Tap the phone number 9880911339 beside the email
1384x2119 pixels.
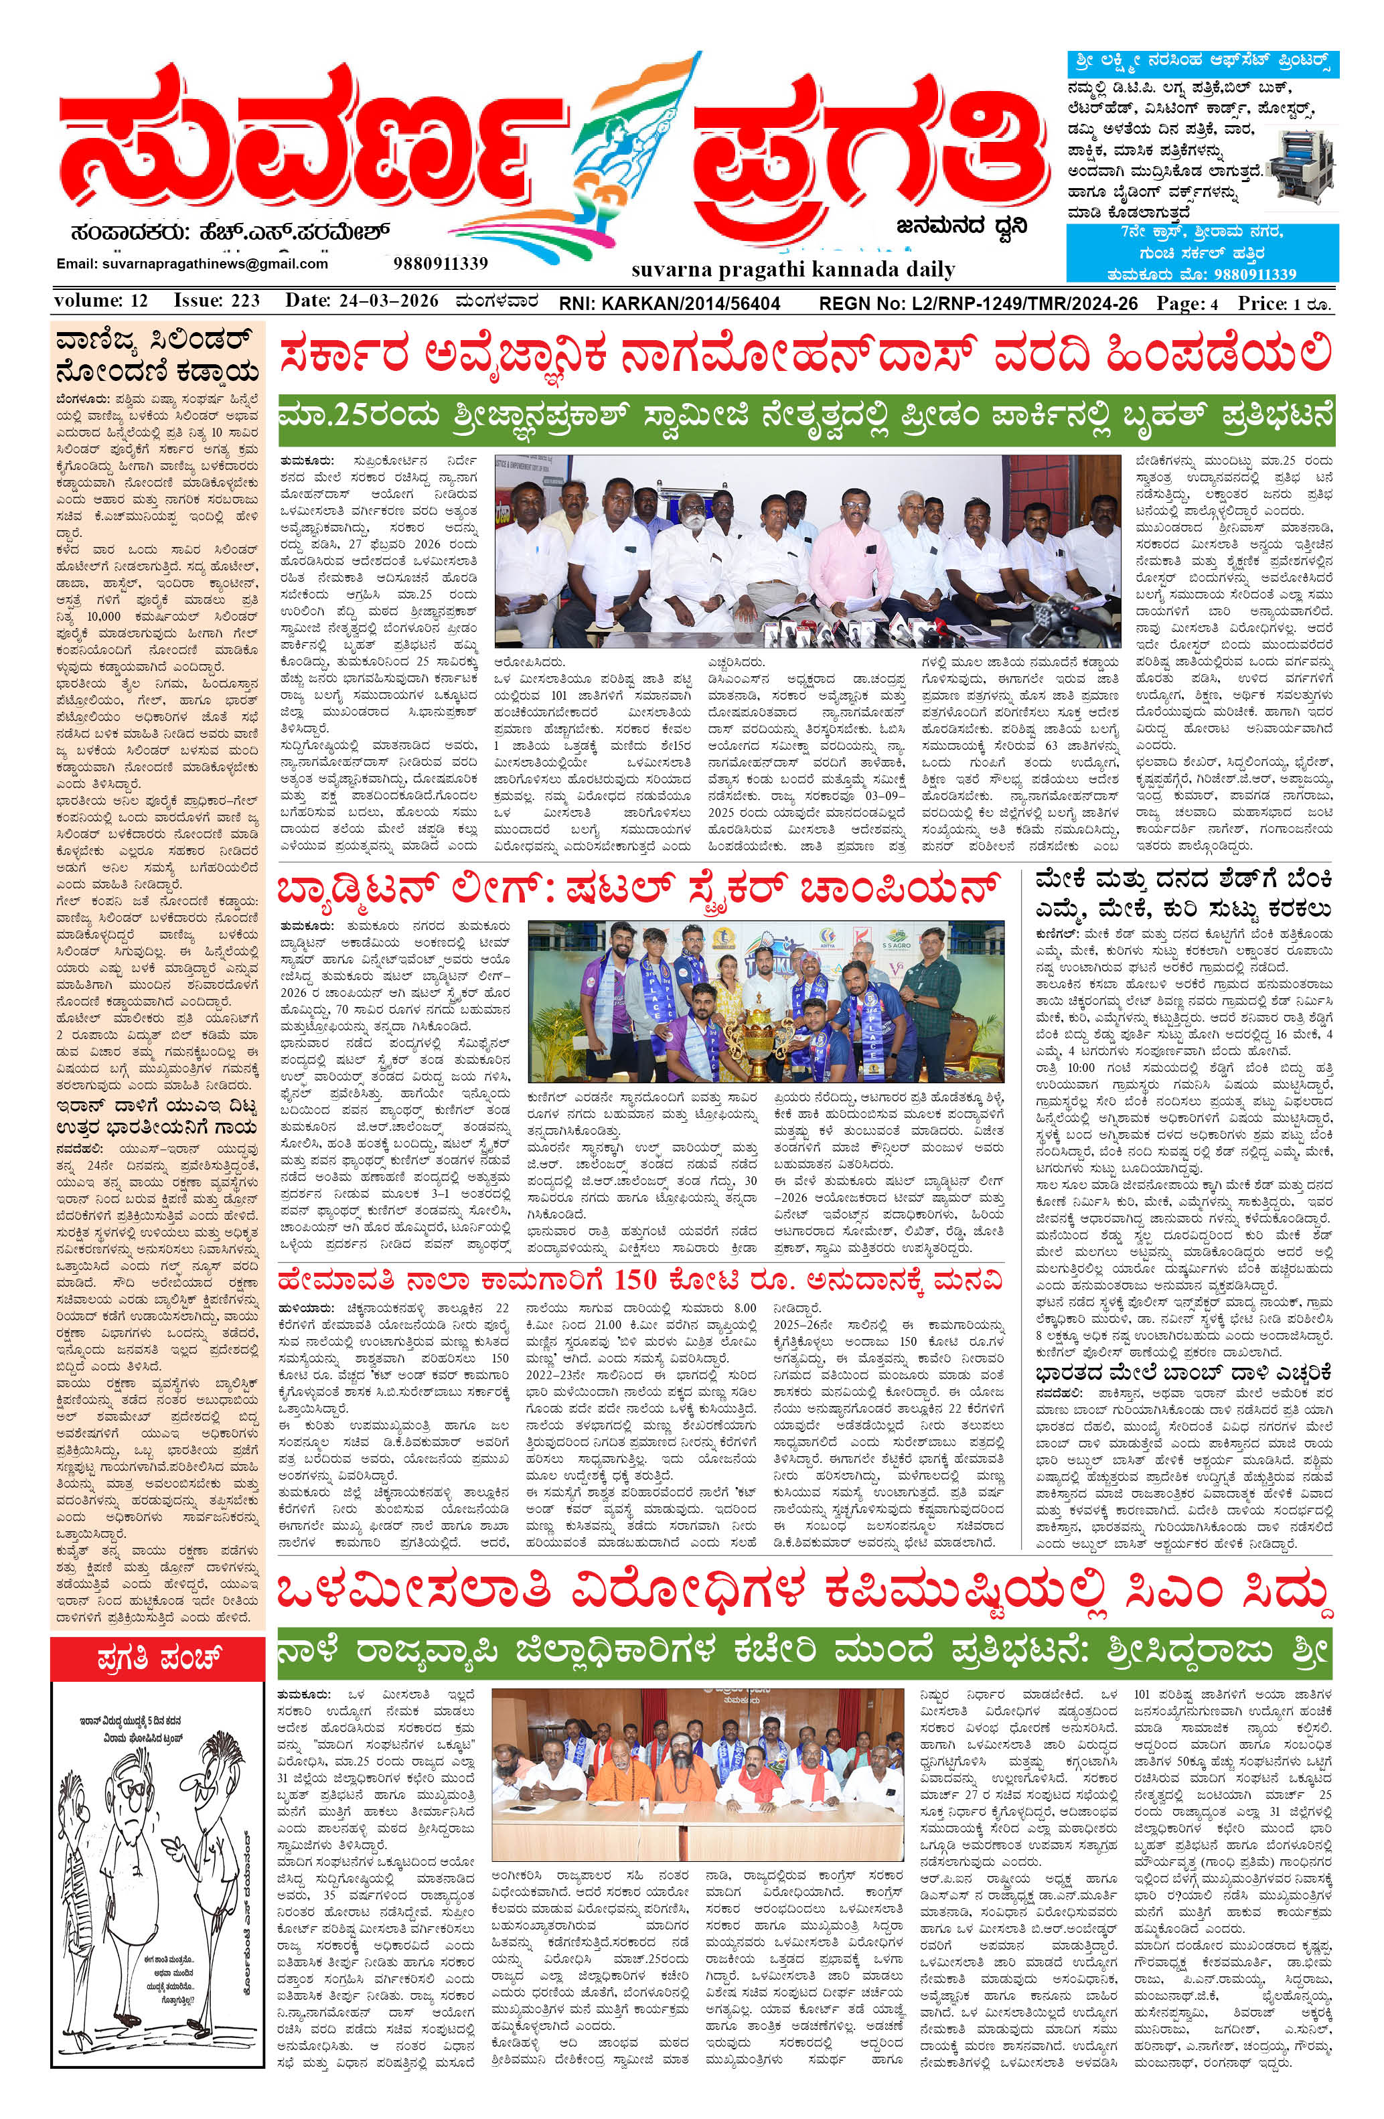[x=440, y=264]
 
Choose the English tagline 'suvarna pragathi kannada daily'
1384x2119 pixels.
[x=793, y=270]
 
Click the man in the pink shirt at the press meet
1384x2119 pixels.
[x=850, y=556]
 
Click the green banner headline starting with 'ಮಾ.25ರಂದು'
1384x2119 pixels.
[x=806, y=418]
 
